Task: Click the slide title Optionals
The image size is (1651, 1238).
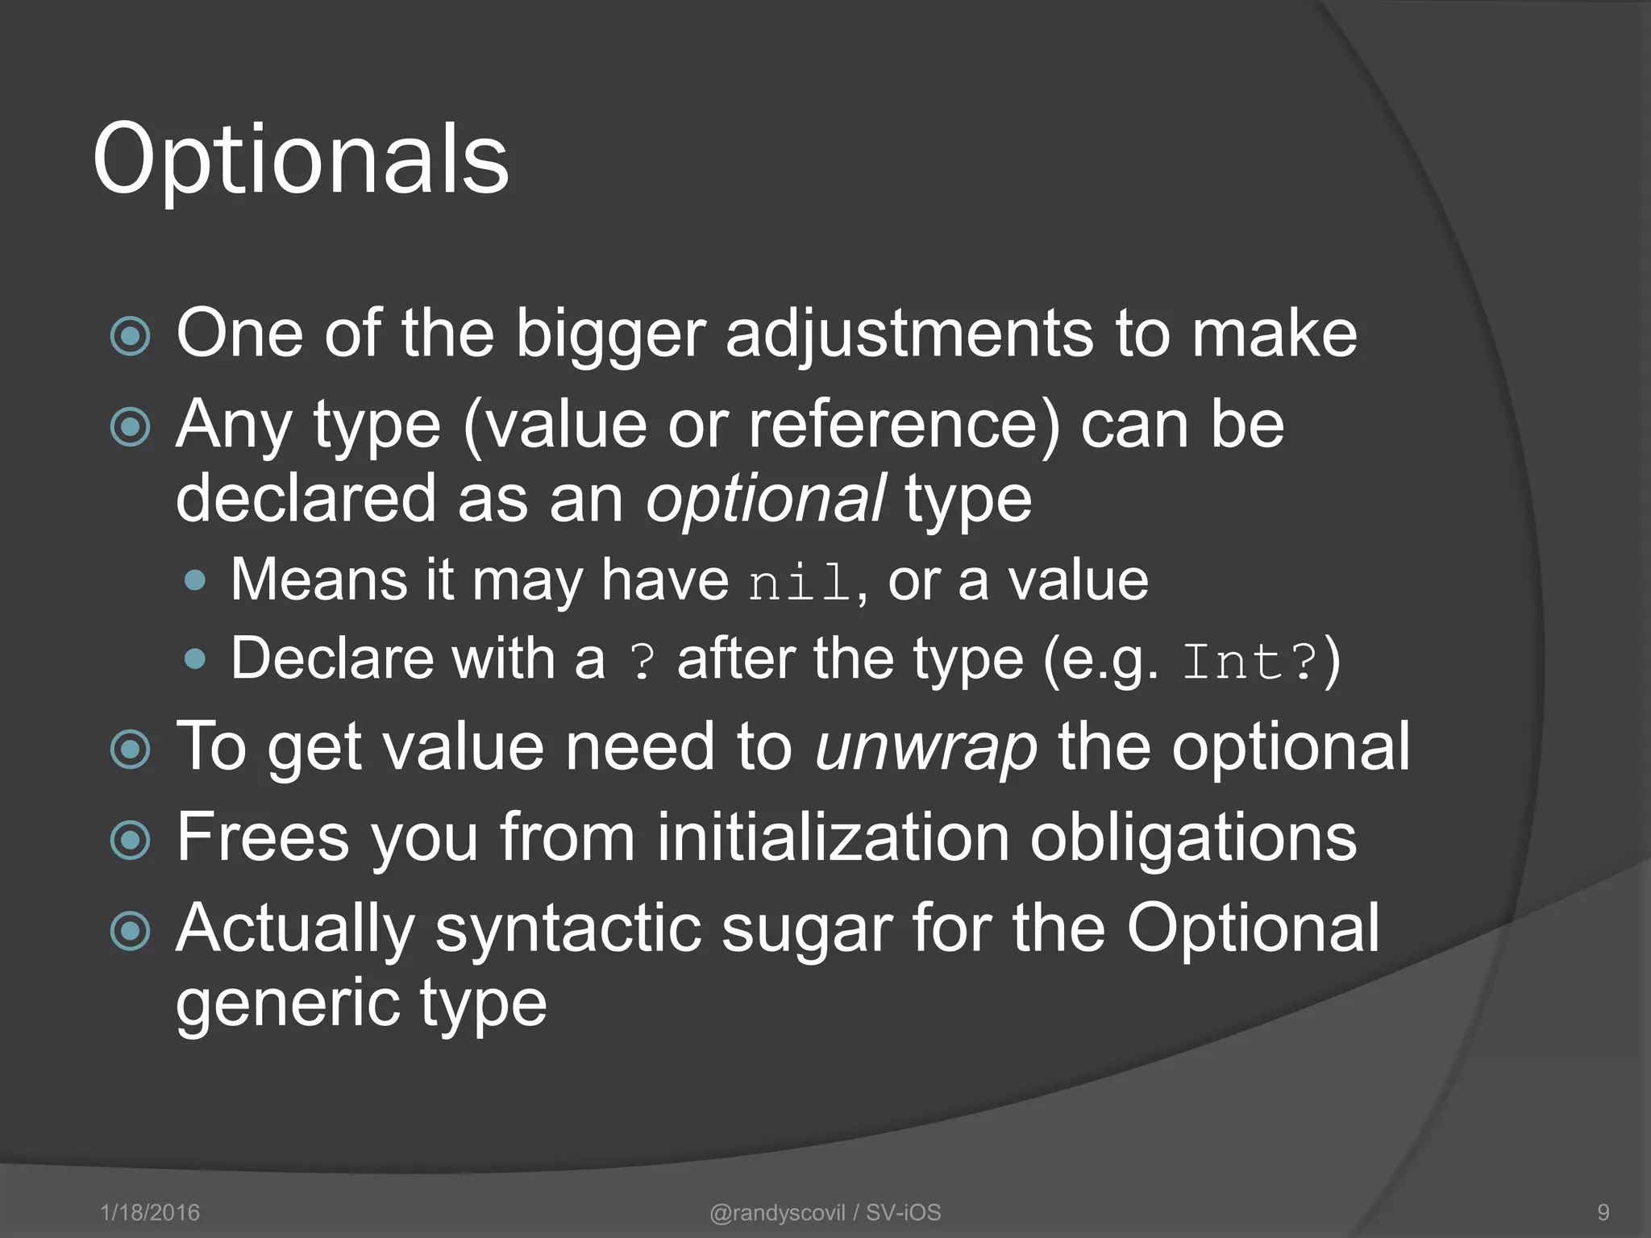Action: pos(301,160)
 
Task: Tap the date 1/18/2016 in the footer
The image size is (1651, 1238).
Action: pos(150,1212)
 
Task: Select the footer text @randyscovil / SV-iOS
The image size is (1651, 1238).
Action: pos(825,1212)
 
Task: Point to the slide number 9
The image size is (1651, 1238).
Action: pos(1603,1212)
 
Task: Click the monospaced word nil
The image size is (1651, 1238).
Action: pos(798,582)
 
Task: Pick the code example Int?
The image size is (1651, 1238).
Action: pos(1250,661)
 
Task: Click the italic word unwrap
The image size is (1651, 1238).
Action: pos(926,747)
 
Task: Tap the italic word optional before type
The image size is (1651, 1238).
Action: pos(766,499)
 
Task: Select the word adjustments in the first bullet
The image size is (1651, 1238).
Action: pos(909,334)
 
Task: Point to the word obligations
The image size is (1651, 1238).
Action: pos(1193,837)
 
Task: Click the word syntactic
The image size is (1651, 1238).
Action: pos(568,928)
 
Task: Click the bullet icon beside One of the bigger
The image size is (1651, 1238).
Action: pos(130,336)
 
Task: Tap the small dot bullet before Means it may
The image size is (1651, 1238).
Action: pos(195,581)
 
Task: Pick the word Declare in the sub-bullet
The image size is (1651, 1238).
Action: pos(331,658)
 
